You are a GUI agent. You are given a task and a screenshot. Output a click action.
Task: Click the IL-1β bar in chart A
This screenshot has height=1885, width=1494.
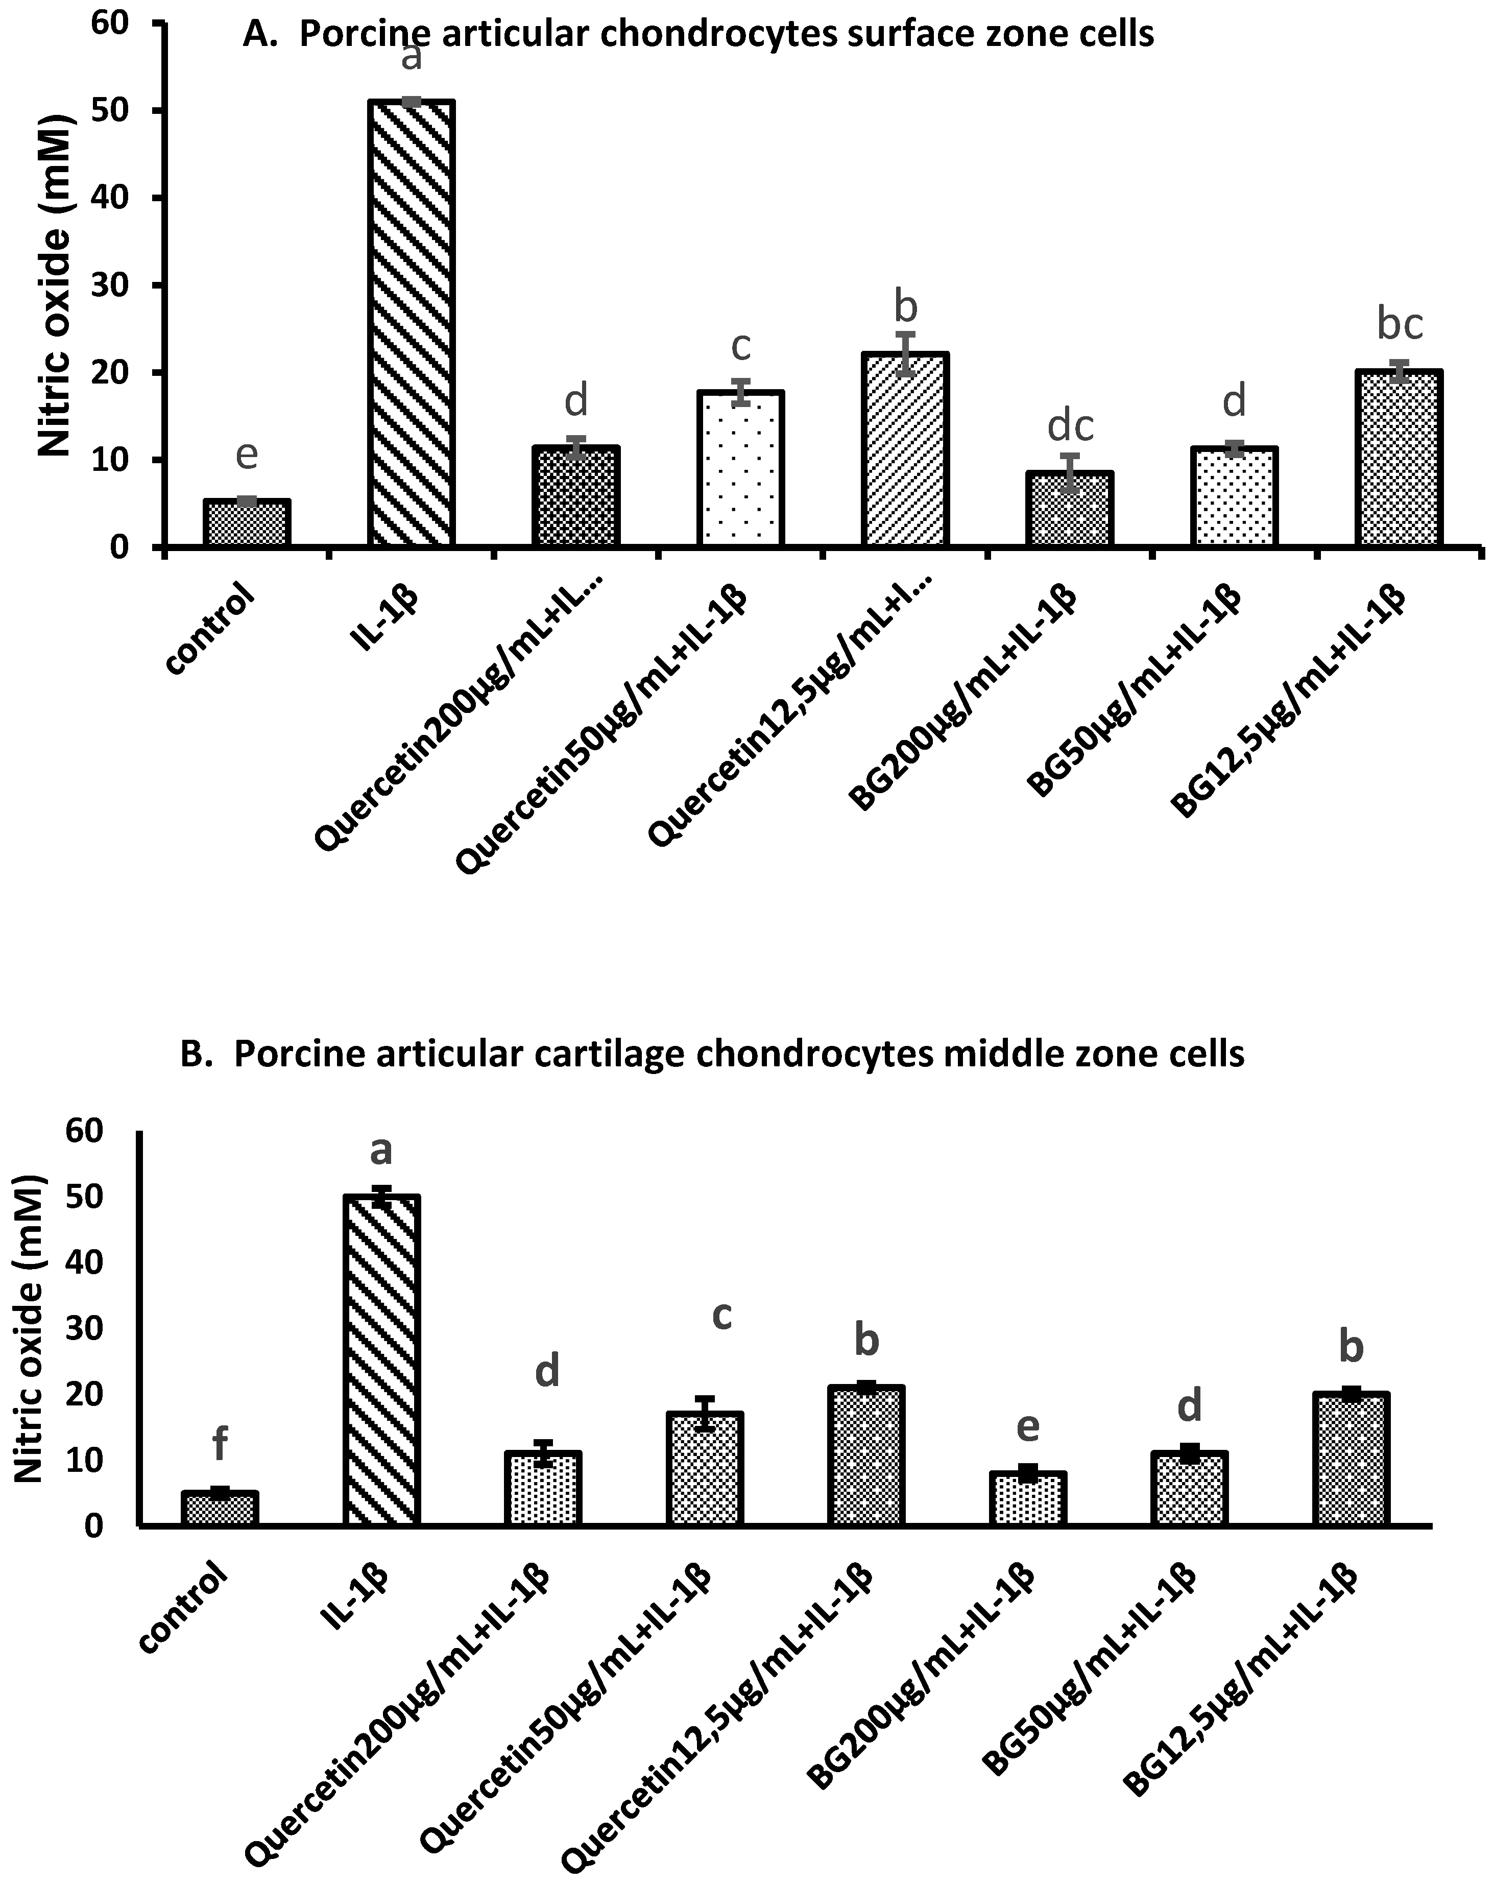point(411,323)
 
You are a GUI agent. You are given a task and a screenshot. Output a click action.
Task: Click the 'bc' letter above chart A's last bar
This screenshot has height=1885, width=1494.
point(1400,324)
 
